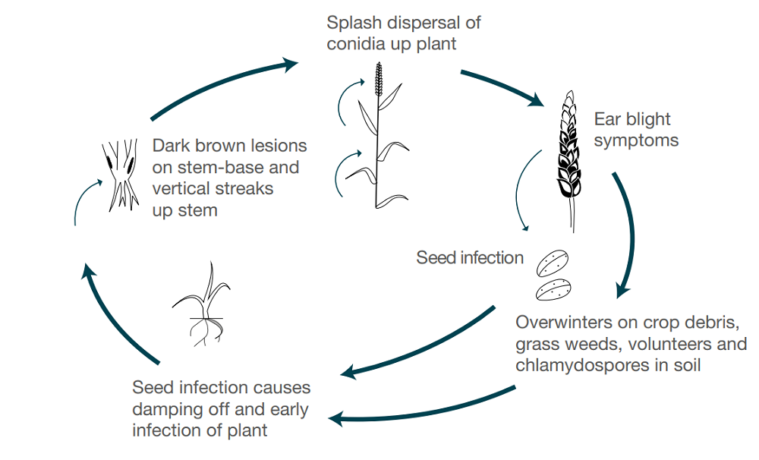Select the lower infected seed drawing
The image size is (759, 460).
pyautogui.click(x=555, y=290)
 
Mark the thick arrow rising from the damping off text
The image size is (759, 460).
pyautogui.click(x=114, y=312)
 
